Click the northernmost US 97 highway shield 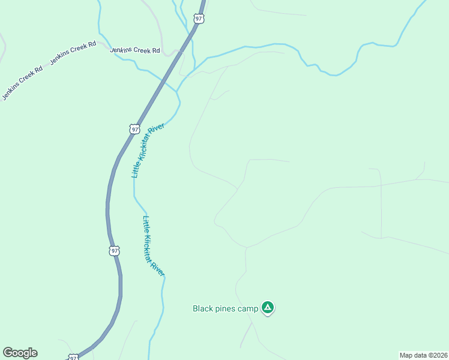(199, 19)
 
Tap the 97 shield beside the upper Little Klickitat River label (134, 128)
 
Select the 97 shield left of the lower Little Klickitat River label (115, 250)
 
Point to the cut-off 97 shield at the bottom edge (73, 357)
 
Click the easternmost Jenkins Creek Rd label (135, 51)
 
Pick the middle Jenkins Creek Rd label (73, 53)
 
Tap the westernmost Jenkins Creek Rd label (22, 83)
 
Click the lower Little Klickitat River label (153, 246)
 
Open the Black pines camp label (225, 308)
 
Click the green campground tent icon (268, 308)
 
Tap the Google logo (20, 353)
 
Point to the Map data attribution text (423, 355)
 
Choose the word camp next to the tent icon (249, 308)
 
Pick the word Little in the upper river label (136, 170)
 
